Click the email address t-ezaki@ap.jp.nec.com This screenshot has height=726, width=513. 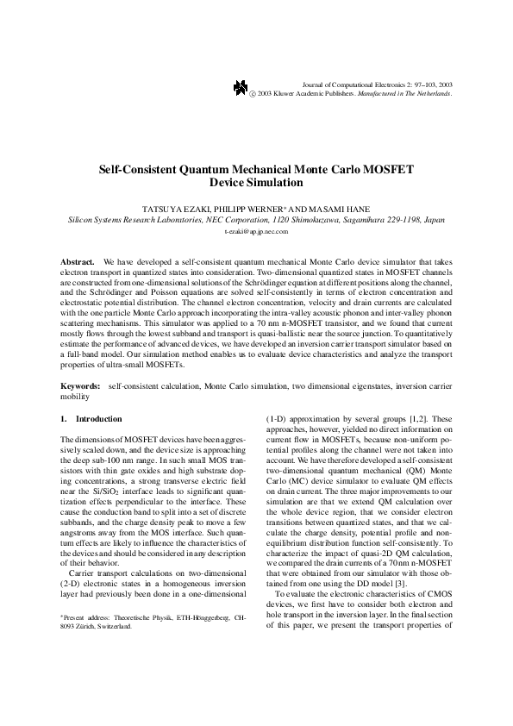pos(256,233)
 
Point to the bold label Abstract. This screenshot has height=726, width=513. pos(77,260)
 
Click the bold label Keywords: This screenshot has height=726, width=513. pos(81,389)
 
